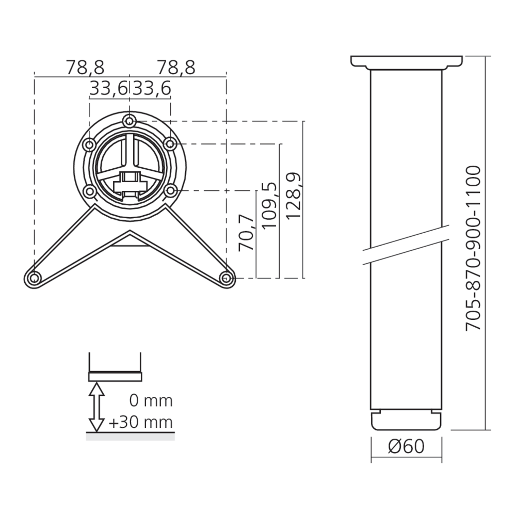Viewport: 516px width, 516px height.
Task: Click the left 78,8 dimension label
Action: point(85,68)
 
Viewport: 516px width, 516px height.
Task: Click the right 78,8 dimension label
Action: point(176,68)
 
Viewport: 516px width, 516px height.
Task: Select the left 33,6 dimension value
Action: point(108,89)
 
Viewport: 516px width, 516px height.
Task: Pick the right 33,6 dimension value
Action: point(152,89)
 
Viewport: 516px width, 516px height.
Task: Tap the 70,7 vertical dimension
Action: point(247,234)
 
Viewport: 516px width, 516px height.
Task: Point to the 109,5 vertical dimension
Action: point(269,205)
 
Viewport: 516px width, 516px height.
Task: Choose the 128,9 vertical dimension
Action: point(293,195)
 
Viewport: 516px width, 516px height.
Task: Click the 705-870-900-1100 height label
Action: point(474,248)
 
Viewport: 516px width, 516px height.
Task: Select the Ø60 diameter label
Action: point(407,446)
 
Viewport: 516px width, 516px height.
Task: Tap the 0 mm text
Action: point(151,401)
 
